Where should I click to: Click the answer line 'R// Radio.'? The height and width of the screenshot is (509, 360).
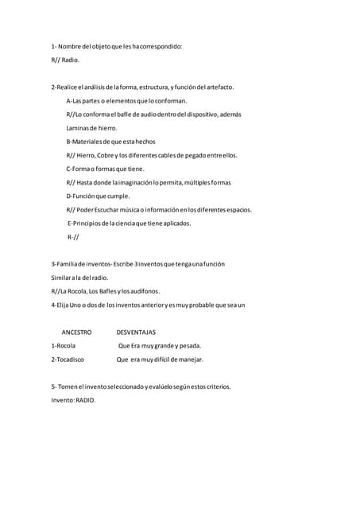tap(65, 60)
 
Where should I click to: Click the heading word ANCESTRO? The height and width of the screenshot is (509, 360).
tap(76, 332)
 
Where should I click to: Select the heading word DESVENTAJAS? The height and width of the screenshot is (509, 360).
tap(136, 332)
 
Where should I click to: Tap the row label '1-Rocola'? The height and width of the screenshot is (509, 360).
tap(63, 346)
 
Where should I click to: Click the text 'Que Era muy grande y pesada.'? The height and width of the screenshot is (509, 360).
tap(160, 346)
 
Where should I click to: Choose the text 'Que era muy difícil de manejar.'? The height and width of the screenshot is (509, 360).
tap(160, 359)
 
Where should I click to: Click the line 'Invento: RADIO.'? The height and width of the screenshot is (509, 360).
tap(73, 400)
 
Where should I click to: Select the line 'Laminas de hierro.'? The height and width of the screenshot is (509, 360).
tap(91, 128)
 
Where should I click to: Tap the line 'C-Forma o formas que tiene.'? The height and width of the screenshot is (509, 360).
tap(106, 169)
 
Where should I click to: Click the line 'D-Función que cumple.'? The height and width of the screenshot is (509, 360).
tap(98, 196)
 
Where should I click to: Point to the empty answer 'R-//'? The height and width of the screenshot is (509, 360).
tap(73, 237)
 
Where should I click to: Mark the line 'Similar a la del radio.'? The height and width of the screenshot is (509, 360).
tap(79, 278)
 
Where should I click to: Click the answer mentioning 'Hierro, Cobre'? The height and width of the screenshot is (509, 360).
tap(152, 155)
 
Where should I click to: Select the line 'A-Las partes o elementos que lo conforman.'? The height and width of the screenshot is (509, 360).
tap(127, 101)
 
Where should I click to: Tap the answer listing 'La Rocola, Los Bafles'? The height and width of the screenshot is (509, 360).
tap(105, 291)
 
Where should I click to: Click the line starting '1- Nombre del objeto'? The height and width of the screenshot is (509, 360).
tap(116, 46)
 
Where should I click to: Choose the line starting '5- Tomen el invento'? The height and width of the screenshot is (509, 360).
tap(141, 387)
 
